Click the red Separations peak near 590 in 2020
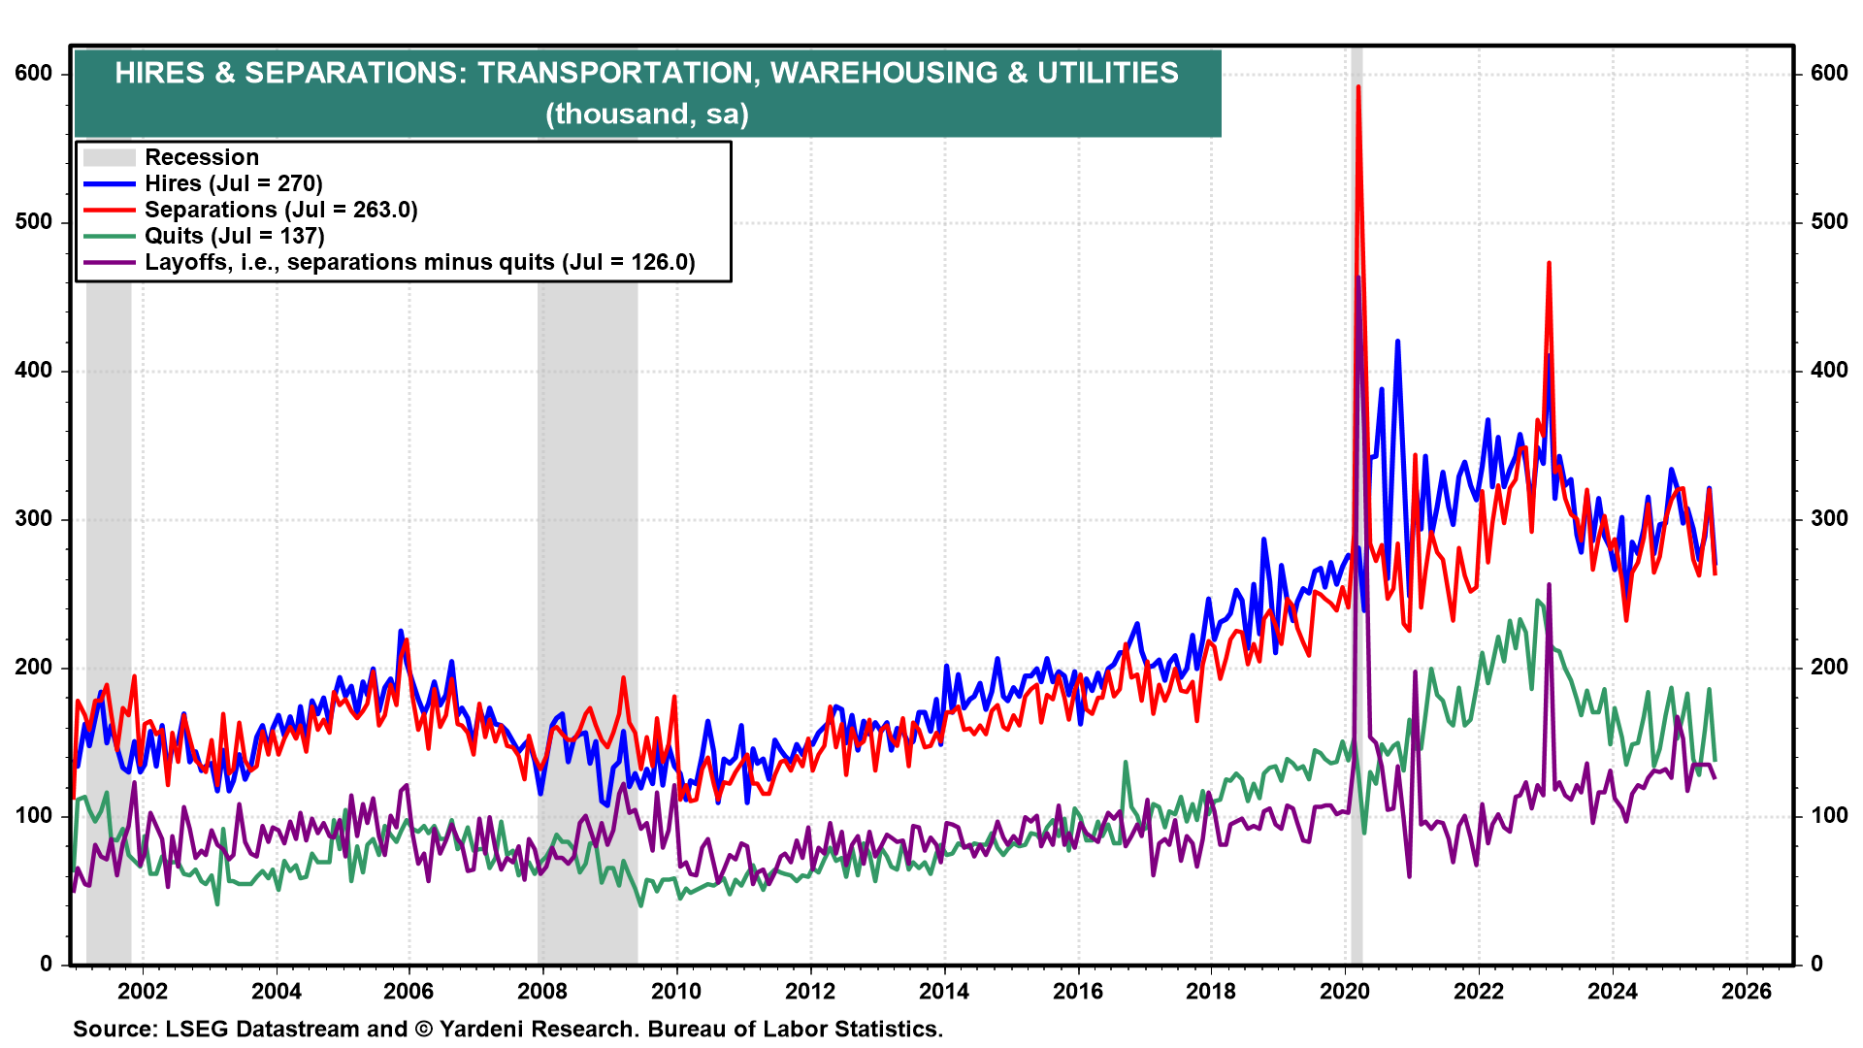[x=1357, y=88]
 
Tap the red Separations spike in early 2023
[x=1549, y=264]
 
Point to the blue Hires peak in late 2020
[x=1397, y=343]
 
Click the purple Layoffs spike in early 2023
[x=1549, y=586]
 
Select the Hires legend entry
[x=233, y=183]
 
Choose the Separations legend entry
[x=280, y=210]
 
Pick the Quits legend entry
[x=234, y=236]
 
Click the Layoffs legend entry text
[x=419, y=262]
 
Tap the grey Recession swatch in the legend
[x=108, y=157]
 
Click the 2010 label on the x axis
[x=676, y=991]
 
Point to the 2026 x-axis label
[x=1747, y=991]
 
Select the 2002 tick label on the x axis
[x=143, y=991]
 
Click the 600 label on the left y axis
[x=34, y=74]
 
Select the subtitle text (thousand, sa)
[x=647, y=115]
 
